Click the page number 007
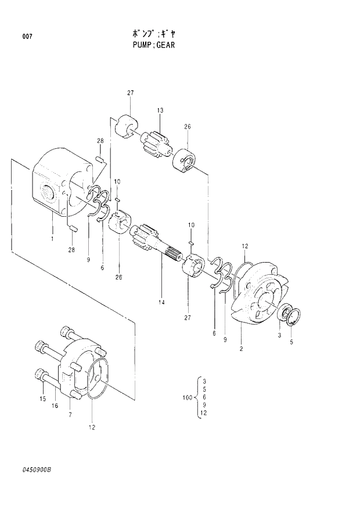pyautogui.click(x=27, y=37)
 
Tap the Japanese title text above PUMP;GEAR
pyautogui.click(x=152, y=33)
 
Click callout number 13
pyautogui.click(x=160, y=110)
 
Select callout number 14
pyautogui.click(x=161, y=302)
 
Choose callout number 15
pyautogui.click(x=42, y=399)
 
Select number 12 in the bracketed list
pyautogui.click(x=203, y=413)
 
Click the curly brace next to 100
pyautogui.click(x=197, y=397)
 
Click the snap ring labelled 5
pyautogui.click(x=295, y=317)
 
